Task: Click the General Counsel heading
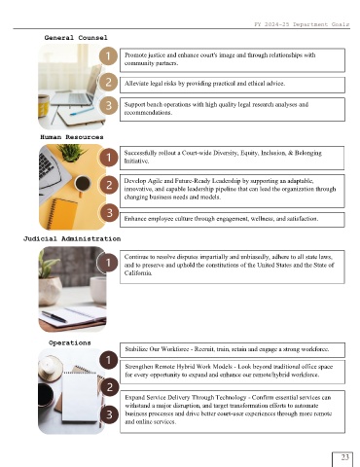[x=76, y=38]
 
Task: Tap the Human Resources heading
[x=72, y=137]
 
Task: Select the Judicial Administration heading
[x=72, y=239]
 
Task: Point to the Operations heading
[x=70, y=342]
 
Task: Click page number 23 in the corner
[x=344, y=457]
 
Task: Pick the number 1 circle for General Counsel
[x=108, y=55]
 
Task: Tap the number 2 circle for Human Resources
[x=109, y=185]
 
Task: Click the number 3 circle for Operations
[x=109, y=414]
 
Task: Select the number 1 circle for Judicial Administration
[x=108, y=262]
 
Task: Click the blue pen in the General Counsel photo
[x=81, y=111]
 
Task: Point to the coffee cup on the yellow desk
[x=82, y=185]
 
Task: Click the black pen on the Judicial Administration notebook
[x=54, y=317]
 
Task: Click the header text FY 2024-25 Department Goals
[x=302, y=24]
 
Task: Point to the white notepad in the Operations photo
[x=80, y=397]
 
